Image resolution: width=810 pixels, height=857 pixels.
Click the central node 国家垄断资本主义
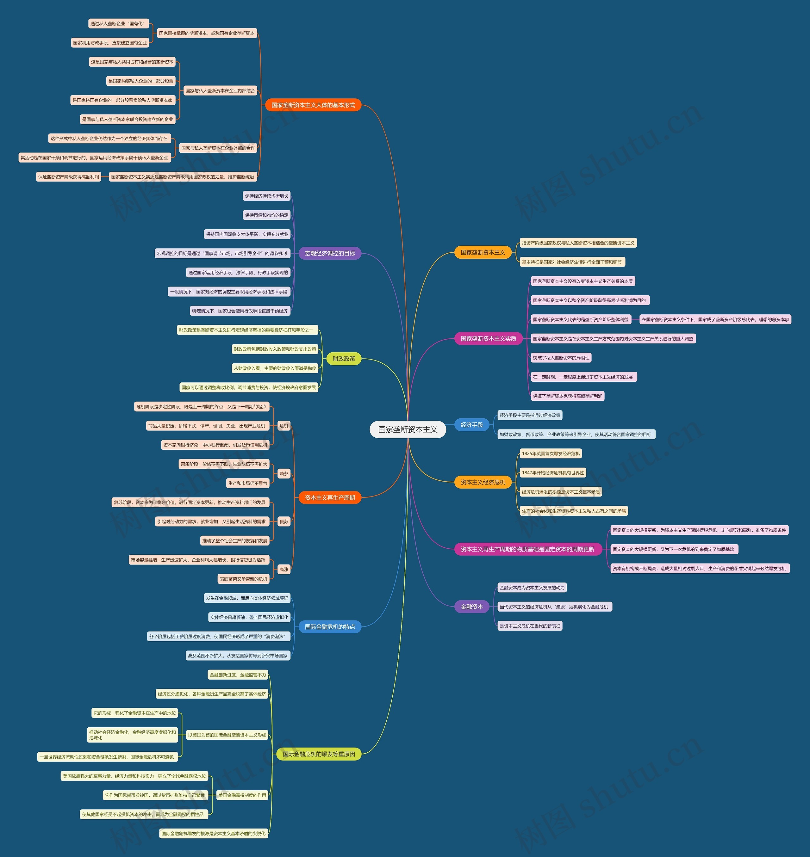[408, 429]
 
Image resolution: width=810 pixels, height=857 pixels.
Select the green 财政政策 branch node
[344, 359]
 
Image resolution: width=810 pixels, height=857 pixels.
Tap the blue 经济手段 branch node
[471, 425]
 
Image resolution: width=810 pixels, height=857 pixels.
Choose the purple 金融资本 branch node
[471, 607]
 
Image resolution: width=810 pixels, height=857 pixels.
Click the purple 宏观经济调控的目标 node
[330, 253]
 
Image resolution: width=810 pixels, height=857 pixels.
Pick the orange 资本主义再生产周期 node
[330, 497]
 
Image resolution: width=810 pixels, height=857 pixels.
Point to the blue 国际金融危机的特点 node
[330, 626]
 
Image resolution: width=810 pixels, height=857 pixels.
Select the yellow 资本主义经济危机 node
[483, 482]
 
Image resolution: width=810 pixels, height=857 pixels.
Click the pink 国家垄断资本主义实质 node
[488, 338]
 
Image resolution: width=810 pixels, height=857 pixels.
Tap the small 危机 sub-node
[284, 426]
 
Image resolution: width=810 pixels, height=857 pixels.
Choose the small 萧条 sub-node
[284, 474]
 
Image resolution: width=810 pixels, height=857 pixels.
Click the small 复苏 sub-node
[284, 522]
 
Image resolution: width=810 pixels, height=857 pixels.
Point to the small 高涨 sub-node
[284, 570]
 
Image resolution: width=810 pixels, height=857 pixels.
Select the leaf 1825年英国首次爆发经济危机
[551, 453]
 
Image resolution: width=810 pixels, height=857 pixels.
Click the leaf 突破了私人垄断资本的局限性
[561, 358]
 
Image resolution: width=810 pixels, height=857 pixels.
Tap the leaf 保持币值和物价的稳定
[266, 215]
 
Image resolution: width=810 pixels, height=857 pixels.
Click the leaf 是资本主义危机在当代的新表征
[530, 626]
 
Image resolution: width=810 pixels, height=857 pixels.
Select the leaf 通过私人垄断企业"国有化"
[118, 23]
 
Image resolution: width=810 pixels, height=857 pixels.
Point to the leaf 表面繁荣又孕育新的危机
[243, 579]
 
